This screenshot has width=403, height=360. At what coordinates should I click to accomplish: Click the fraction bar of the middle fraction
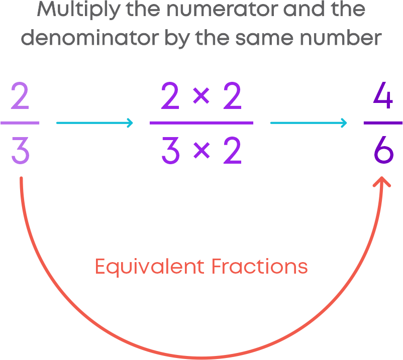[x=201, y=123]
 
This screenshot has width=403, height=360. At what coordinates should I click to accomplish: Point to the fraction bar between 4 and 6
[x=383, y=123]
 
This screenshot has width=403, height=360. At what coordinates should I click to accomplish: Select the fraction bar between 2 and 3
[x=20, y=123]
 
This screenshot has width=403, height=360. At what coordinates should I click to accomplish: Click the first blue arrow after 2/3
[x=94, y=123]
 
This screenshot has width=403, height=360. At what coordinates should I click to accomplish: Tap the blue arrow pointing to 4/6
[x=309, y=123]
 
